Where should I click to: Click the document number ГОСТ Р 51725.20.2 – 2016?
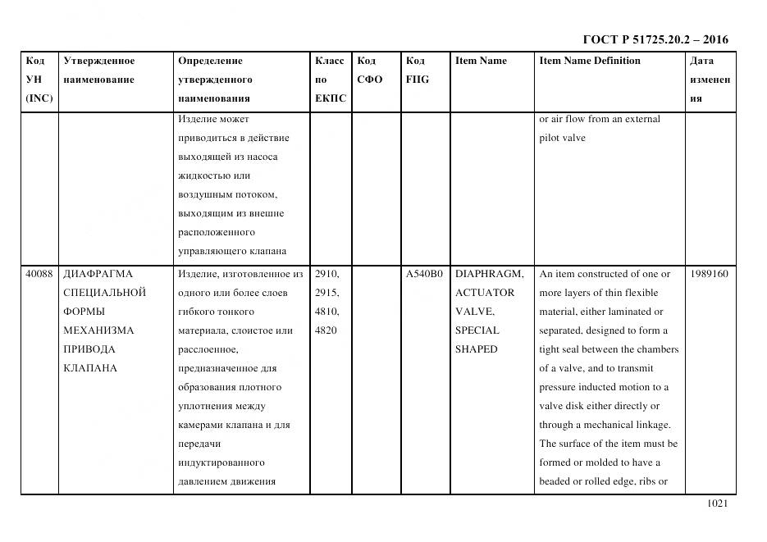[655, 39]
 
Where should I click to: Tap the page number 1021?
[717, 503]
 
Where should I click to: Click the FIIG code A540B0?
[424, 274]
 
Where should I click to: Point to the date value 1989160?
[710, 274]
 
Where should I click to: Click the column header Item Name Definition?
[590, 61]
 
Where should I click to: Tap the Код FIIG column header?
[418, 70]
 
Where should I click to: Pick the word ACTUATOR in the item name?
[485, 293]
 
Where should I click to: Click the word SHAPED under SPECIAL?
[477, 349]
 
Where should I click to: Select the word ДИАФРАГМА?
[98, 274]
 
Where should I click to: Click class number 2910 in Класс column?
[327, 274]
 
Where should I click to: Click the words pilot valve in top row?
[562, 138]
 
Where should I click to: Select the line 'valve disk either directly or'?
[599, 406]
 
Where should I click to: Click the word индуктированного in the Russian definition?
[221, 462]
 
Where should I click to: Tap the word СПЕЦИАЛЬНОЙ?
[105, 293]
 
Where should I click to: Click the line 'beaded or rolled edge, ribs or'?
[603, 481]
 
